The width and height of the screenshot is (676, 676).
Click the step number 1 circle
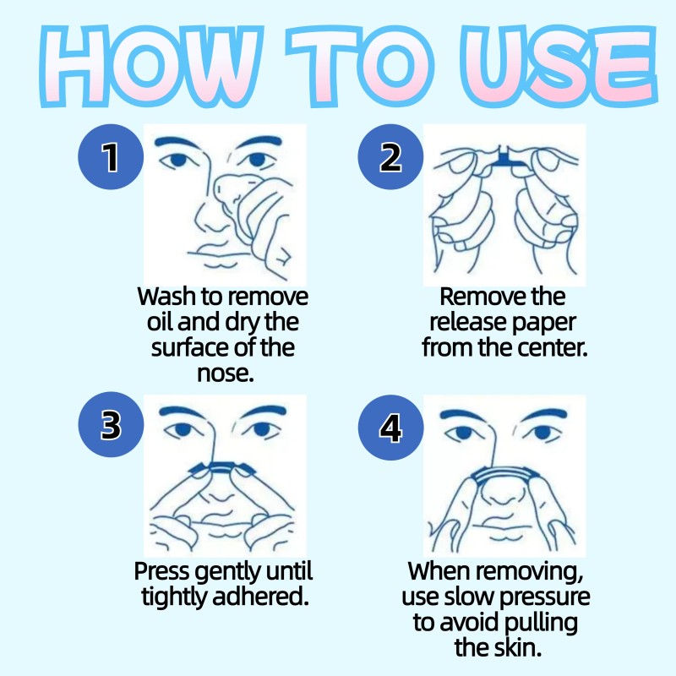click(111, 157)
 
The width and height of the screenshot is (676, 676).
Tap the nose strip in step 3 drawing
click(224, 466)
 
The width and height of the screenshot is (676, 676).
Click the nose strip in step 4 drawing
click(504, 475)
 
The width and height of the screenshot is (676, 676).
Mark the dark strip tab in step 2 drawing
click(505, 157)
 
